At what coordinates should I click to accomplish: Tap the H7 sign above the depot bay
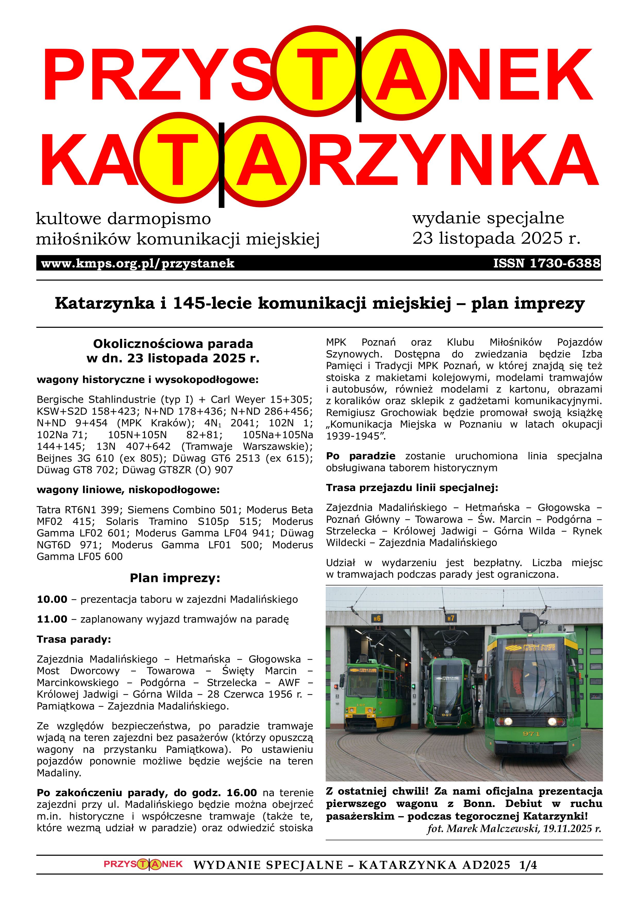pyautogui.click(x=451, y=618)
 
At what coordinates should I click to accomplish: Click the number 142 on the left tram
pyautogui.click(x=361, y=705)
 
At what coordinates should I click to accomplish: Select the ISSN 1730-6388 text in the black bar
pyautogui.click(x=546, y=263)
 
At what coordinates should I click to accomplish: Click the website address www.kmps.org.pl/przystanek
pyautogui.click(x=138, y=263)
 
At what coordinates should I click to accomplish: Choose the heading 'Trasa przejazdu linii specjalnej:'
pyautogui.click(x=412, y=488)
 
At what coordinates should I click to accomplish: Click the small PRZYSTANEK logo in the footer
pyautogui.click(x=143, y=865)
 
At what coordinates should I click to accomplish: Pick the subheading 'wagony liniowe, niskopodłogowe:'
pyautogui.click(x=128, y=490)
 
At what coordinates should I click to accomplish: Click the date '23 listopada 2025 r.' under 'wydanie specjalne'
pyautogui.click(x=496, y=238)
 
